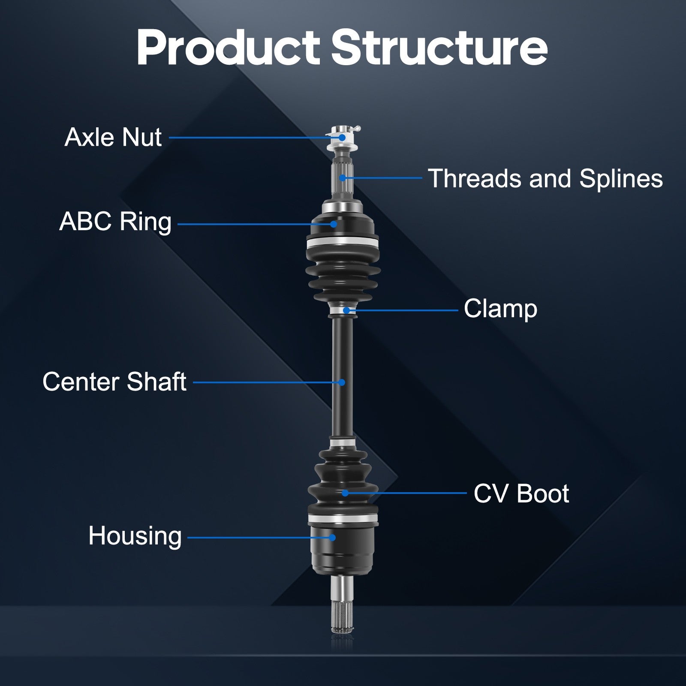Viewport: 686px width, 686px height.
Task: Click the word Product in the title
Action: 228,48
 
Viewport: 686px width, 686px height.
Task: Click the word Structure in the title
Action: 439,48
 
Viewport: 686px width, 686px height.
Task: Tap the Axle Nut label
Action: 113,137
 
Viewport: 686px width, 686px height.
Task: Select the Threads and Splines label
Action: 545,178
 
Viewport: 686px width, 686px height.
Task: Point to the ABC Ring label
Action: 115,222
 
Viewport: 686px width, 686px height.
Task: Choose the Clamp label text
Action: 500,309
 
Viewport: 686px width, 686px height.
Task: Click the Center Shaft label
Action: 114,382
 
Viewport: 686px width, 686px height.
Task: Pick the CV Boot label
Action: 521,493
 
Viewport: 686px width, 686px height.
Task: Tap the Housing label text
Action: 135,536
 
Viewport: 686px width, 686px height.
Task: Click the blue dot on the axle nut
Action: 342,138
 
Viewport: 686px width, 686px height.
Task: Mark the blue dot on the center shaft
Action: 342,382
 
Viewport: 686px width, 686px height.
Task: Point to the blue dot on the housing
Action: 332,537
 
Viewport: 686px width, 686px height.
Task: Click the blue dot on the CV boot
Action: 345,493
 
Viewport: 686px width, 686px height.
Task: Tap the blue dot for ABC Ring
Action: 334,224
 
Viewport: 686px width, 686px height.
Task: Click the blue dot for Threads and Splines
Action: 343,178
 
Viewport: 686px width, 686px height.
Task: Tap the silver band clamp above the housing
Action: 343,519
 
